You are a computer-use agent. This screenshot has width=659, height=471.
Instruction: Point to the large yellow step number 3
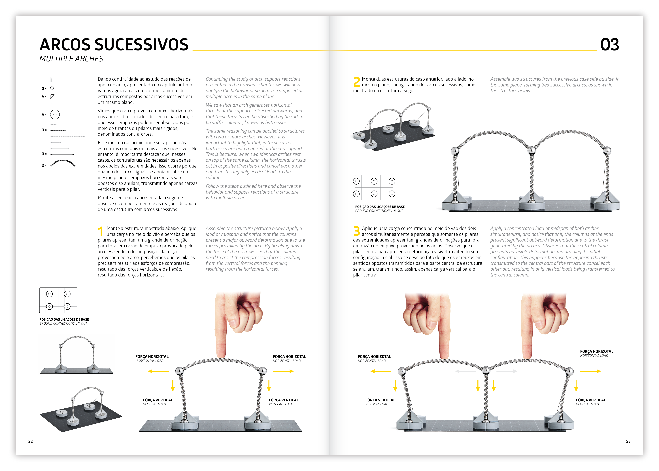click(357, 231)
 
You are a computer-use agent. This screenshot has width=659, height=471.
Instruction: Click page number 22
click(30, 441)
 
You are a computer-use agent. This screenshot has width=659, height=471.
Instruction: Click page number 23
click(628, 441)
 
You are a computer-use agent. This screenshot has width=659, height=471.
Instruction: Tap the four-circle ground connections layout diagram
click(58, 300)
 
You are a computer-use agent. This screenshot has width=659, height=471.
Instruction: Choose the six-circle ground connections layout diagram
click(374, 187)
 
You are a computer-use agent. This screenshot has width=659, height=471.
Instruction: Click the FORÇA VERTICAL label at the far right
click(591, 400)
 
